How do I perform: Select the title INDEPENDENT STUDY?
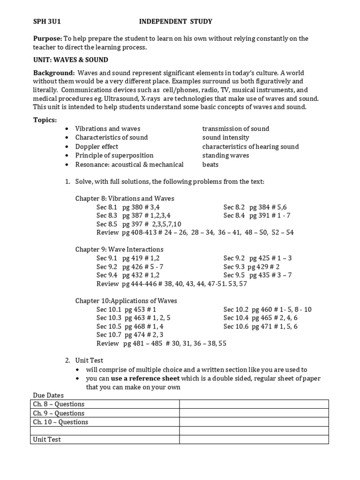pyautogui.click(x=175, y=21)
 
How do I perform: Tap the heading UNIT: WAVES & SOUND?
pyautogui.click(x=70, y=60)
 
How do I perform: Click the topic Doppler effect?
pyautogui.click(x=97, y=147)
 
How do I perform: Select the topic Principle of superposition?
pyautogui.click(x=114, y=156)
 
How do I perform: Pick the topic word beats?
pyautogui.click(x=210, y=165)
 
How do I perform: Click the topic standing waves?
pyautogui.click(x=225, y=156)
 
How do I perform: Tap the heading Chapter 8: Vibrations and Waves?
pyautogui.click(x=125, y=199)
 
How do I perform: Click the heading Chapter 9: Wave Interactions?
pyautogui.click(x=119, y=249)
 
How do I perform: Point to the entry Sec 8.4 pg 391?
pyautogui.click(x=257, y=216)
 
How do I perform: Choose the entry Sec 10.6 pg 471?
pyautogui.click(x=260, y=326)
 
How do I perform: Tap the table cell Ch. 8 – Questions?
pyautogui.click(x=59, y=405)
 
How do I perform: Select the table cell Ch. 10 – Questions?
pyautogui.click(x=60, y=422)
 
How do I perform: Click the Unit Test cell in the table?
pyautogui.click(x=47, y=440)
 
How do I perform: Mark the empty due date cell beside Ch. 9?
pyautogui.click(x=254, y=413)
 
